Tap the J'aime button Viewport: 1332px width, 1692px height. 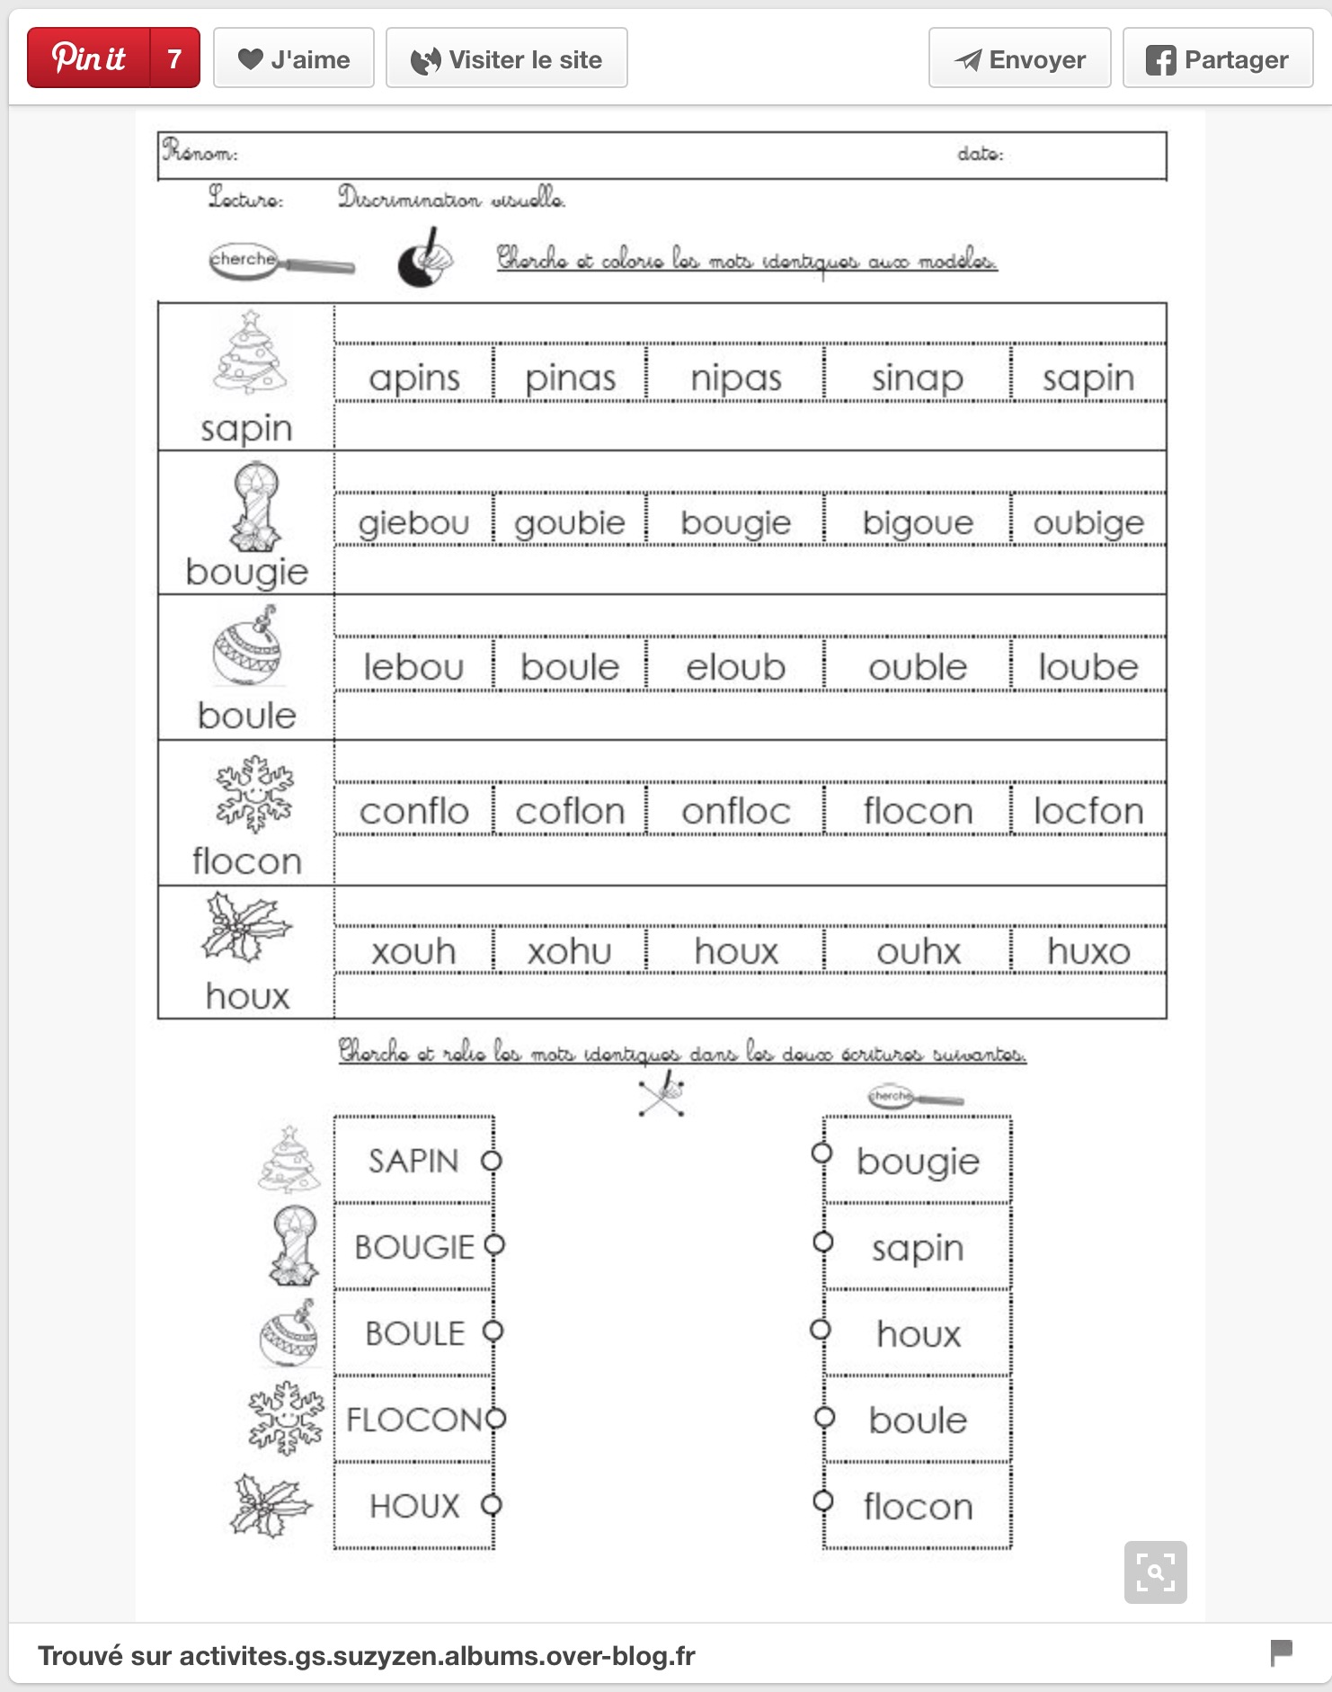pyautogui.click(x=294, y=59)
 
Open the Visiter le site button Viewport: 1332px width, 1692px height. pyautogui.click(x=507, y=59)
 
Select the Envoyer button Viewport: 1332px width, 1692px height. pyautogui.click(x=1019, y=59)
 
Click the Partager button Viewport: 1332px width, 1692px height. pyautogui.click(x=1218, y=59)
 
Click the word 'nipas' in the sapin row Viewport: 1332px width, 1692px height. pyautogui.click(x=735, y=378)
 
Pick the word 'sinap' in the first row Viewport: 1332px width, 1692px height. pyautogui.click(x=917, y=378)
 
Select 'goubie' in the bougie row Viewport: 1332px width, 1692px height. pyautogui.click(x=569, y=522)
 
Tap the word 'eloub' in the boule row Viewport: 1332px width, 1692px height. pyautogui.click(x=735, y=667)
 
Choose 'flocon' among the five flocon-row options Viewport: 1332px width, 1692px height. pyautogui.click(x=918, y=811)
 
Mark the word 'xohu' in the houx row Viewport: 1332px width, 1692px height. pyautogui.click(x=569, y=951)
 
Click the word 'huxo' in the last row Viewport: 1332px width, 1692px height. pyautogui.click(x=1088, y=951)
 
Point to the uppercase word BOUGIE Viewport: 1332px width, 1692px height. pyautogui.click(x=414, y=1247)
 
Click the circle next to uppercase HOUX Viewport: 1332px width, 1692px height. pyautogui.click(x=491, y=1505)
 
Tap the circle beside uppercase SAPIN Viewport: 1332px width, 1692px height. pyautogui.click(x=491, y=1161)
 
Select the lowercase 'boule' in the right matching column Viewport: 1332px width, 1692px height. pyautogui.click(x=918, y=1420)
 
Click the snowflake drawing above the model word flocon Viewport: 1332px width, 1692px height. pyautogui.click(x=254, y=793)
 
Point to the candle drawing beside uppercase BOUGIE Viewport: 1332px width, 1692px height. pyautogui.click(x=294, y=1246)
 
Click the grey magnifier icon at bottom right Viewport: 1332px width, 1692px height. pyautogui.click(x=1155, y=1572)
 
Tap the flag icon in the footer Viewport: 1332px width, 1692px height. pyautogui.click(x=1281, y=1652)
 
